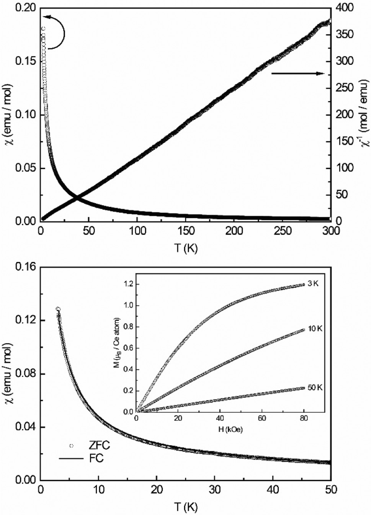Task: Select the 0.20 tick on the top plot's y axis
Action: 25,8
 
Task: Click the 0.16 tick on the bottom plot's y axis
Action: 25,267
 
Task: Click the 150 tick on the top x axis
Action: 186,231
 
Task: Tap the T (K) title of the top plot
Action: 186,248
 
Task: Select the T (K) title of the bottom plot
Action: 186,507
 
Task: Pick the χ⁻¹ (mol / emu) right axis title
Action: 364,115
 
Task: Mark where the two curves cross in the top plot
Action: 77,198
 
